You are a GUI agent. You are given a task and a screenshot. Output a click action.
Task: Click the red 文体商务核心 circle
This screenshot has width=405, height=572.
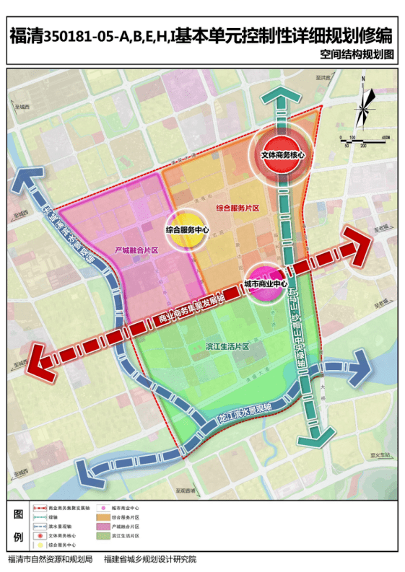coord(283,154)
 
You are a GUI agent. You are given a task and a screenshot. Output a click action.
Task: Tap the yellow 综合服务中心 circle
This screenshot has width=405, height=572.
coord(187,230)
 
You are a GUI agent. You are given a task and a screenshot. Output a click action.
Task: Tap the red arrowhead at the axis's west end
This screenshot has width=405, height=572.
coord(42,363)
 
